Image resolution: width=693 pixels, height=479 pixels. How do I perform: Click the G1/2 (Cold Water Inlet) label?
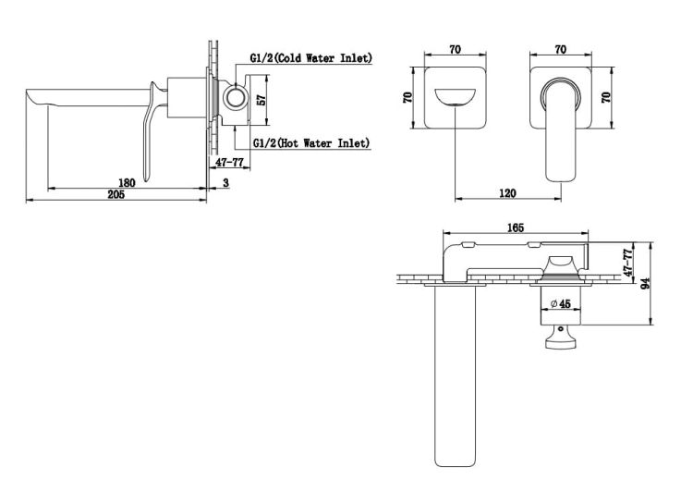311,58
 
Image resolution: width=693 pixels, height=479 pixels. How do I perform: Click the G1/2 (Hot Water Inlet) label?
311,142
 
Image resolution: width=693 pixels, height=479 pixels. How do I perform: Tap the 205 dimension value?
116,194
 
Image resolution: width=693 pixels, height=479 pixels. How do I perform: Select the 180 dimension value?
127,182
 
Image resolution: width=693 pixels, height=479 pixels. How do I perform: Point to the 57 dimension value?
261,100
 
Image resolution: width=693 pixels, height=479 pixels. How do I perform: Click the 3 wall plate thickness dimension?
226,182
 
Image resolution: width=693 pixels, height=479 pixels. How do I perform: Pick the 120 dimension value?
507,193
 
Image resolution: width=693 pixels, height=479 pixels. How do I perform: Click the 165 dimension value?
516,227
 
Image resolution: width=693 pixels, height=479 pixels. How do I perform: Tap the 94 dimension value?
645,283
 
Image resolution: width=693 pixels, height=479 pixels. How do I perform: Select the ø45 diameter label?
561,304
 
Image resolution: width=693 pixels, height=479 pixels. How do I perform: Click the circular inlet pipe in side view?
235,97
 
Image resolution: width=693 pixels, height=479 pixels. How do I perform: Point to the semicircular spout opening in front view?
456,97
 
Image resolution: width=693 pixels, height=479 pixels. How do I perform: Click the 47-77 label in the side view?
230,163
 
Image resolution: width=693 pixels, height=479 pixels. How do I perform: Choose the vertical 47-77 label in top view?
628,263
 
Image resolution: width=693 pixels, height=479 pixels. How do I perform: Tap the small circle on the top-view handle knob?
561,329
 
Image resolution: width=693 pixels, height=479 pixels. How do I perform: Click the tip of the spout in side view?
28,92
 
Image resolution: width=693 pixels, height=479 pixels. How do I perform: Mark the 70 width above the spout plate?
456,49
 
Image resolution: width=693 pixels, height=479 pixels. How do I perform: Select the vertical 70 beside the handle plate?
606,97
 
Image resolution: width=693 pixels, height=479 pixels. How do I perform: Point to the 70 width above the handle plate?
561,49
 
